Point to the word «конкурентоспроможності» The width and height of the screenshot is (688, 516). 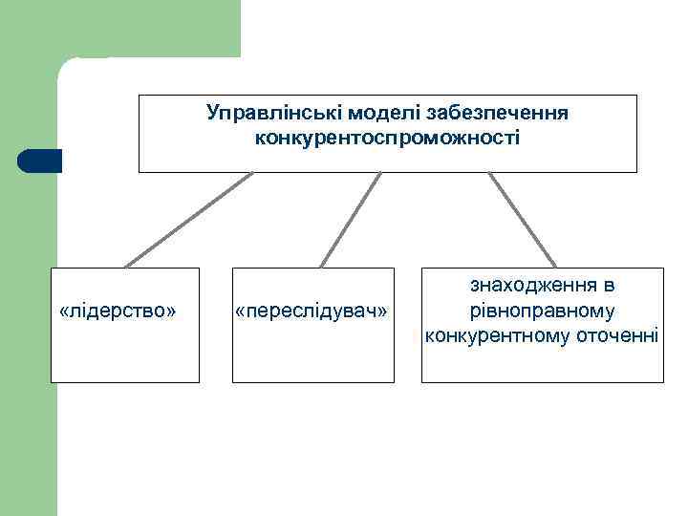click(x=388, y=139)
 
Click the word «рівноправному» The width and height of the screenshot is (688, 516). click(x=541, y=311)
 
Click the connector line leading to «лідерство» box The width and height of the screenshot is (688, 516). click(x=189, y=219)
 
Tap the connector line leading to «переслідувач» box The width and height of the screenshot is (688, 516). click(x=350, y=219)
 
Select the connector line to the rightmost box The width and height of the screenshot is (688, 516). click(x=522, y=219)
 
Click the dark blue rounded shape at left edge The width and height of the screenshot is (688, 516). click(x=39, y=161)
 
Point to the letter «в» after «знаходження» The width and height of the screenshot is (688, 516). click(x=609, y=286)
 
